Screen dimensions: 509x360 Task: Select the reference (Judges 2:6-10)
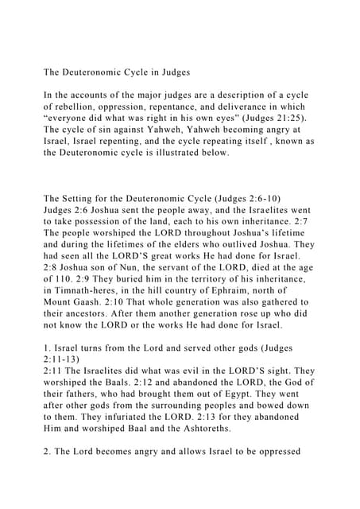click(x=223, y=198)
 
